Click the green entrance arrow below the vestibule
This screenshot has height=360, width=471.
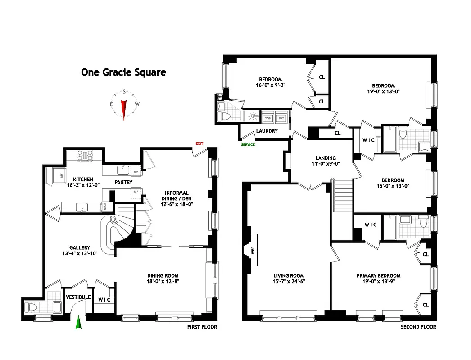pyautogui.click(x=78, y=323)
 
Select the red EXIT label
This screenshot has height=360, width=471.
pyautogui.click(x=199, y=144)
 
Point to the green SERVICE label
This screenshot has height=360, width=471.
pyautogui.click(x=248, y=144)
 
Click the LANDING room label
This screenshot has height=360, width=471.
pyautogui.click(x=325, y=158)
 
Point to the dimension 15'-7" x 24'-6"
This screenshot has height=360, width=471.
pyautogui.click(x=288, y=282)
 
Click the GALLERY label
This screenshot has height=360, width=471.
pyautogui.click(x=80, y=247)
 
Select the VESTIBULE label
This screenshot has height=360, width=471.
pyautogui.click(x=78, y=297)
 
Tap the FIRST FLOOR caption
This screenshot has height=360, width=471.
pyautogui.click(x=202, y=327)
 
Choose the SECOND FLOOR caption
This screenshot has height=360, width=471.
pyautogui.click(x=418, y=327)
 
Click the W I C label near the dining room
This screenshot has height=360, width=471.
pyautogui.click(x=104, y=300)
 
